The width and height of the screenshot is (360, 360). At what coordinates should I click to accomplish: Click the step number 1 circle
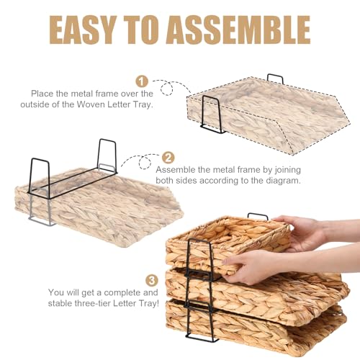142,81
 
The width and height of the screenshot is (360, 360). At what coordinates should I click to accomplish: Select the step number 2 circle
168,158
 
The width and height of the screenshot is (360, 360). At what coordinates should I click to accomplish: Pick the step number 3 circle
152,281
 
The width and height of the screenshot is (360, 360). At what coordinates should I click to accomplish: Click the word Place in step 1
42,94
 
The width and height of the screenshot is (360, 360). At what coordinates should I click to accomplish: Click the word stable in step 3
60,303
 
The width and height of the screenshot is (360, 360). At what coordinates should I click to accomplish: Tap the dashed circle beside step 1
167,89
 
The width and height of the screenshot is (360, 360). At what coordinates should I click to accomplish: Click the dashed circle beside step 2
145,163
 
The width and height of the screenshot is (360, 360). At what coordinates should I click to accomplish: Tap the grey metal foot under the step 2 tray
41,222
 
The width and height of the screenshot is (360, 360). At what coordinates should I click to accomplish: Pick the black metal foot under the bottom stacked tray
201,338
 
